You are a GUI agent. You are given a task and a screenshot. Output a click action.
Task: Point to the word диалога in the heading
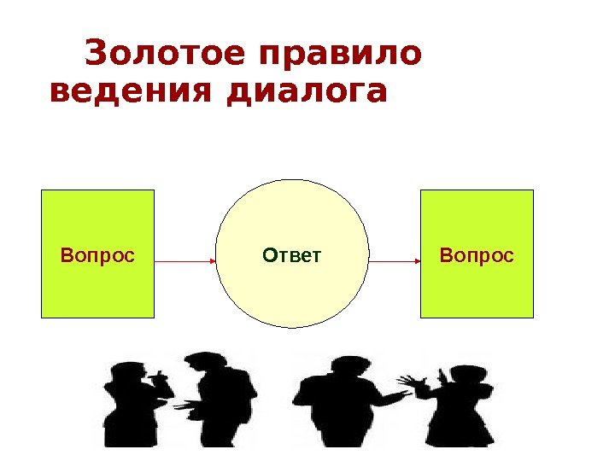tap(307, 92)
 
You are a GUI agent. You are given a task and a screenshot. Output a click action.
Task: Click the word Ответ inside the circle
tap(292, 254)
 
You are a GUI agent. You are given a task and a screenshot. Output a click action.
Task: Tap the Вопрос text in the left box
tap(98, 254)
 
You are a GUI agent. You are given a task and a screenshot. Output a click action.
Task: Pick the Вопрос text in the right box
tap(477, 254)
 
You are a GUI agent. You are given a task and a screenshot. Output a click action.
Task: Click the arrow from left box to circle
tap(184, 260)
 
